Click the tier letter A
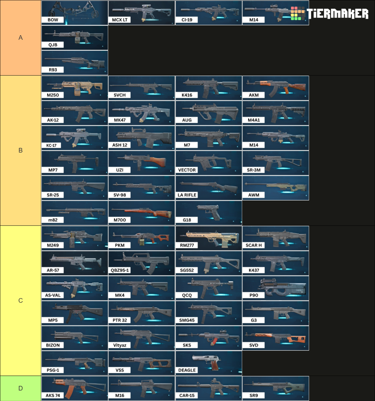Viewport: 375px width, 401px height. pos(20,37)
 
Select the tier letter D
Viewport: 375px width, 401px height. pos(20,388)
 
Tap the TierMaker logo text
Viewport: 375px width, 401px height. pos(337,13)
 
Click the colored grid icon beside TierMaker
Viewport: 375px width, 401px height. pos(298,13)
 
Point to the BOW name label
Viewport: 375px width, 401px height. pos(53,20)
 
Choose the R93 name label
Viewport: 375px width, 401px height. pos(53,70)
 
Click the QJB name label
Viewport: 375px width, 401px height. pos(53,45)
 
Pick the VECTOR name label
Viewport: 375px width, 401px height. pos(187,170)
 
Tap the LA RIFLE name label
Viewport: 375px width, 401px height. pos(187,195)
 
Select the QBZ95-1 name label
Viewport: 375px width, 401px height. pos(120,270)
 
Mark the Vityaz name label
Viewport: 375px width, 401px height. pos(120,345)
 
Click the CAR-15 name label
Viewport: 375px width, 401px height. pos(187,395)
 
